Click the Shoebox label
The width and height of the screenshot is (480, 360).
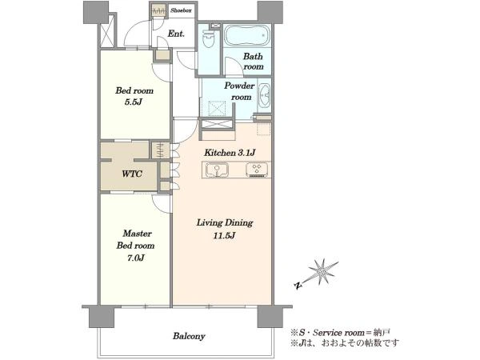point(181,10)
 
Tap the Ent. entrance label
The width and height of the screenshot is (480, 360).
point(176,34)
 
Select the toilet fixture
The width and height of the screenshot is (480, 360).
point(209,38)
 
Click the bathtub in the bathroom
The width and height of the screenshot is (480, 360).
point(247,35)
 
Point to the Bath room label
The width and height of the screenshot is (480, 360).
point(253,62)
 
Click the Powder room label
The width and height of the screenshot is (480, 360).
point(239,91)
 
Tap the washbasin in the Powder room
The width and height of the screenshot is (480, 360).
point(264,95)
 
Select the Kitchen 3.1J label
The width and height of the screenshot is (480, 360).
point(230,152)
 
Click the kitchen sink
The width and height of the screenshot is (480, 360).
point(217,170)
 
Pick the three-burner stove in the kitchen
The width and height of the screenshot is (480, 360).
point(257,170)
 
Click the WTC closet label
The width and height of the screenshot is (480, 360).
point(132,174)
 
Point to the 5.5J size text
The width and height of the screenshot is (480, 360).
point(133,102)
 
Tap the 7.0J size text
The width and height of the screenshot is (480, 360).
point(136,258)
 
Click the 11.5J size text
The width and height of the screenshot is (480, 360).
point(224,235)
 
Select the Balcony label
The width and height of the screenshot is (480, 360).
point(189,336)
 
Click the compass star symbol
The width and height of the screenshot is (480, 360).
point(322,271)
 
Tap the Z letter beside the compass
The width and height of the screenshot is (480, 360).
point(298,286)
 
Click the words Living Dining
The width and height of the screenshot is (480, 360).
point(225,223)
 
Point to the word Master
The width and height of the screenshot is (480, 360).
point(137,234)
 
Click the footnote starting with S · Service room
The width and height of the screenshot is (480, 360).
point(341,333)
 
